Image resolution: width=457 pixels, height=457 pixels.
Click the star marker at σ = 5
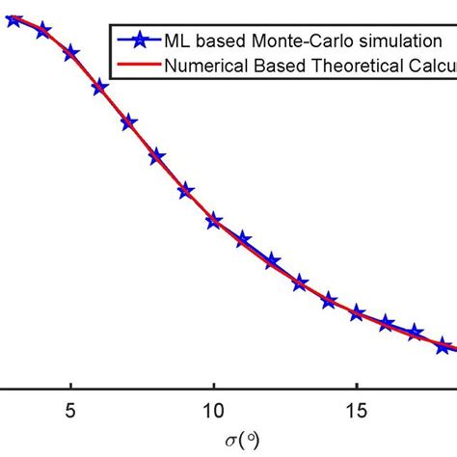coord(71,53)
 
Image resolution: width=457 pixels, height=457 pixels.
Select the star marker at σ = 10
coord(214,222)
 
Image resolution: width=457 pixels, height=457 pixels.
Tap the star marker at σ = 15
coord(358,312)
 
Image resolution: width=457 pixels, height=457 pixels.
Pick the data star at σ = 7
coord(128,122)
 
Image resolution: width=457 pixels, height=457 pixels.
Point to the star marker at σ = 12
coord(272,261)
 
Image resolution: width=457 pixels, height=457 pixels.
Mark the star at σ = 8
coord(157,157)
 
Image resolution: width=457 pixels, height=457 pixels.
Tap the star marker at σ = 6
coord(99,88)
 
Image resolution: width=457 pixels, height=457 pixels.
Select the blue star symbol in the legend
coord(139,41)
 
